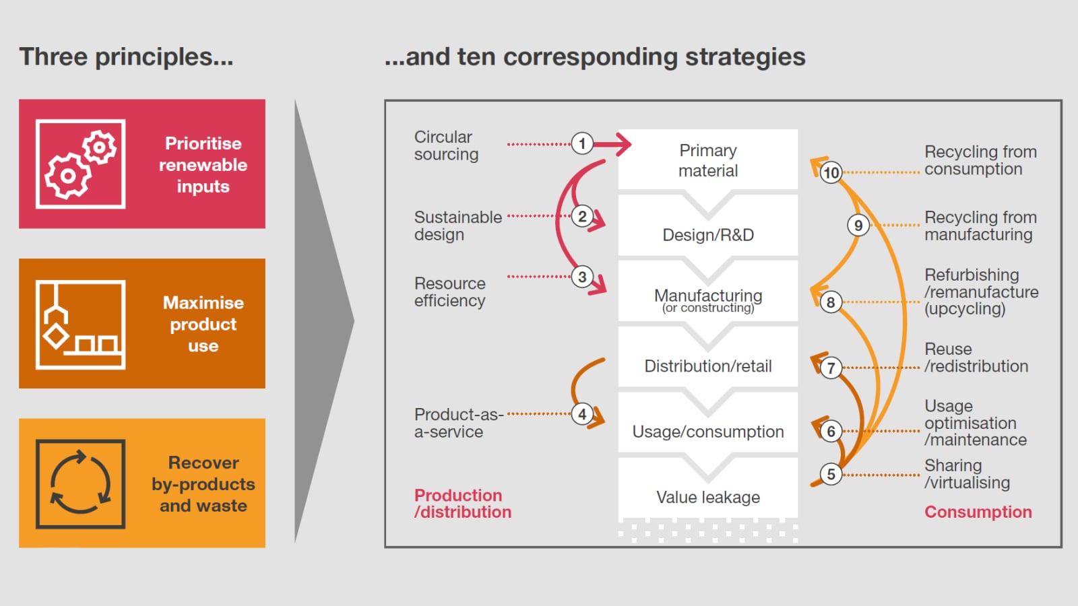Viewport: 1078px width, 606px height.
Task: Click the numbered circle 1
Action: [582, 143]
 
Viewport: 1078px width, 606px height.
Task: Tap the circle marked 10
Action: [831, 172]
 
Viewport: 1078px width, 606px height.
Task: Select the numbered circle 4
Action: [582, 414]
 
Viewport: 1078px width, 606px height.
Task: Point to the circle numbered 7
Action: [831, 368]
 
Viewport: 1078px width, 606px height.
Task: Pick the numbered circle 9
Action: [858, 225]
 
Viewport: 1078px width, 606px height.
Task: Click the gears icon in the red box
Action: [80, 164]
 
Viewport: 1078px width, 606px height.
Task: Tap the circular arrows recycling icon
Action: [80, 483]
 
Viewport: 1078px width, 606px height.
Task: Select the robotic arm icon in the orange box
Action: [80, 324]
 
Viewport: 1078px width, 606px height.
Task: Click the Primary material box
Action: [707, 160]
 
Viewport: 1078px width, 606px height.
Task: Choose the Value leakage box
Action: [707, 497]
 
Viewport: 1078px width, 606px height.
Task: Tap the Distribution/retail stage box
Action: [707, 366]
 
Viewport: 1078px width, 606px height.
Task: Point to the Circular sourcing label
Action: [446, 145]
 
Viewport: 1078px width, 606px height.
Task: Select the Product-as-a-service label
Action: [458, 423]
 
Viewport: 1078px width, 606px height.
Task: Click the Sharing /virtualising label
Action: [967, 474]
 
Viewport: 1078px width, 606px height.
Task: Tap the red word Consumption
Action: [978, 512]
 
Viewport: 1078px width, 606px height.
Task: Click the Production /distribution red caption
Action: [462, 504]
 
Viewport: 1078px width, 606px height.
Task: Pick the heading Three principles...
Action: [126, 57]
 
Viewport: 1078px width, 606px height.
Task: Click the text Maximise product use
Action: [203, 324]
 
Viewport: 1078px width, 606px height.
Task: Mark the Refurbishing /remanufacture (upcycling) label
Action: [981, 292]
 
